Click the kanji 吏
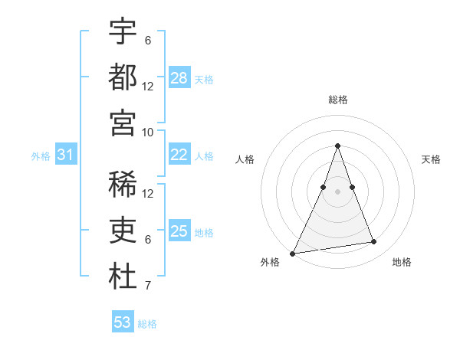click(123, 231)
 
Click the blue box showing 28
click(179, 78)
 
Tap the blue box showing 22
click(179, 155)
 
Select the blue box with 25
click(179, 231)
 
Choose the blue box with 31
click(66, 155)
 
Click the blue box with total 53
click(123, 322)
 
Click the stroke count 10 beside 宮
click(148, 132)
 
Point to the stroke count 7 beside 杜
click(148, 286)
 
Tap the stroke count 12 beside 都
click(148, 87)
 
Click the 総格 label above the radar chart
click(337, 100)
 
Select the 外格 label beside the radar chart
click(270, 262)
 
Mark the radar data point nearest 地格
click(374, 242)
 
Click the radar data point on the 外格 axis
click(292, 253)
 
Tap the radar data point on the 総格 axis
click(337, 146)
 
